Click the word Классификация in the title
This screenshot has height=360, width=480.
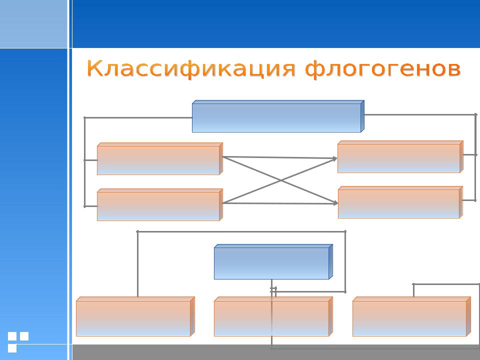pyautogui.click(x=191, y=68)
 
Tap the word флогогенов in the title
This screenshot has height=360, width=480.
pyautogui.click(x=383, y=68)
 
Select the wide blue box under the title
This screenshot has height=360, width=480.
pyautogui.click(x=278, y=116)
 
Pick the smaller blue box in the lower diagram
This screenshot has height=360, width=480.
pyautogui.click(x=273, y=261)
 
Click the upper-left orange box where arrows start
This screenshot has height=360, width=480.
pyautogui.click(x=160, y=159)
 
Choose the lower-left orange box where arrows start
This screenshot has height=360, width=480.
pyautogui.click(x=160, y=205)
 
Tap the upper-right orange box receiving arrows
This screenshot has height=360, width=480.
pyautogui.click(x=400, y=156)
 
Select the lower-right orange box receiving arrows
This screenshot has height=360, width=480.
pyautogui.click(x=400, y=202)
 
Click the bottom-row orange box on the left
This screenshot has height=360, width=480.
pyautogui.click(x=135, y=316)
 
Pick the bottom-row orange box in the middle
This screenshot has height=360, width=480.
pyautogui.click(x=273, y=316)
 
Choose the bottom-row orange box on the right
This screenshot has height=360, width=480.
pyautogui.click(x=411, y=316)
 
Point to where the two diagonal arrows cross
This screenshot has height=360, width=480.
pyautogui.click(x=280, y=180)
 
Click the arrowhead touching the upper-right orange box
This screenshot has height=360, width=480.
pyautogui.click(x=335, y=158)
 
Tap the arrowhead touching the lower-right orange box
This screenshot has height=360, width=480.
pyautogui.click(x=335, y=202)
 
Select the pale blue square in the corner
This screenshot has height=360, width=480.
pyautogui.click(x=33, y=24)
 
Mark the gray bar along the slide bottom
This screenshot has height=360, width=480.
pyautogui.click(x=276, y=352)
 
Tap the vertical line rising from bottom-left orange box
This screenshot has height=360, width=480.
pyautogui.click(x=138, y=264)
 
